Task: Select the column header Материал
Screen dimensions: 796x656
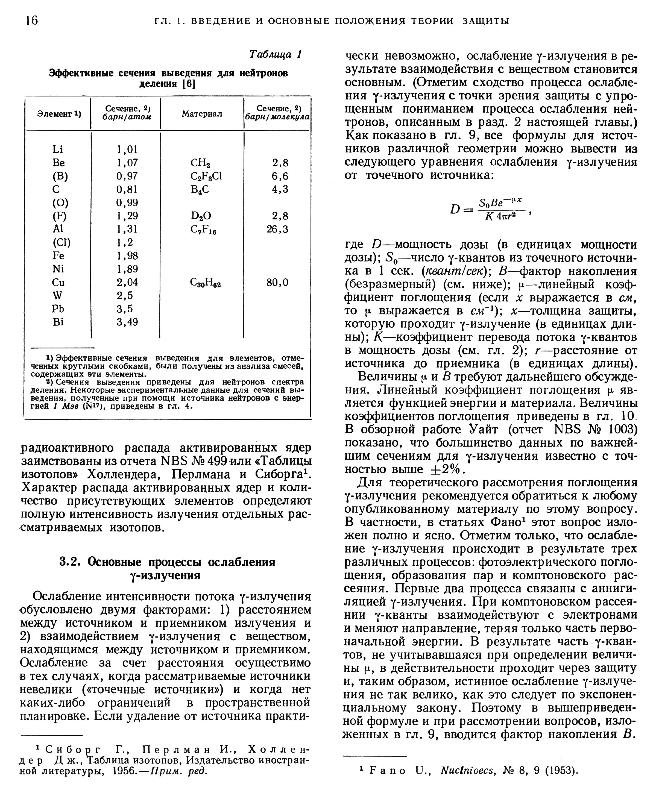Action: point(201,114)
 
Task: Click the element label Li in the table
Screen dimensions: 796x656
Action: point(58,149)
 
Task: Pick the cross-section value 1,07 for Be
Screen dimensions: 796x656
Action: point(127,163)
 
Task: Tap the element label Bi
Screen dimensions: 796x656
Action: point(58,322)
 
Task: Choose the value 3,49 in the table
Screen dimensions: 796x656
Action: point(127,322)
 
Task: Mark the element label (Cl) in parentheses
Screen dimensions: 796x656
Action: point(61,243)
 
